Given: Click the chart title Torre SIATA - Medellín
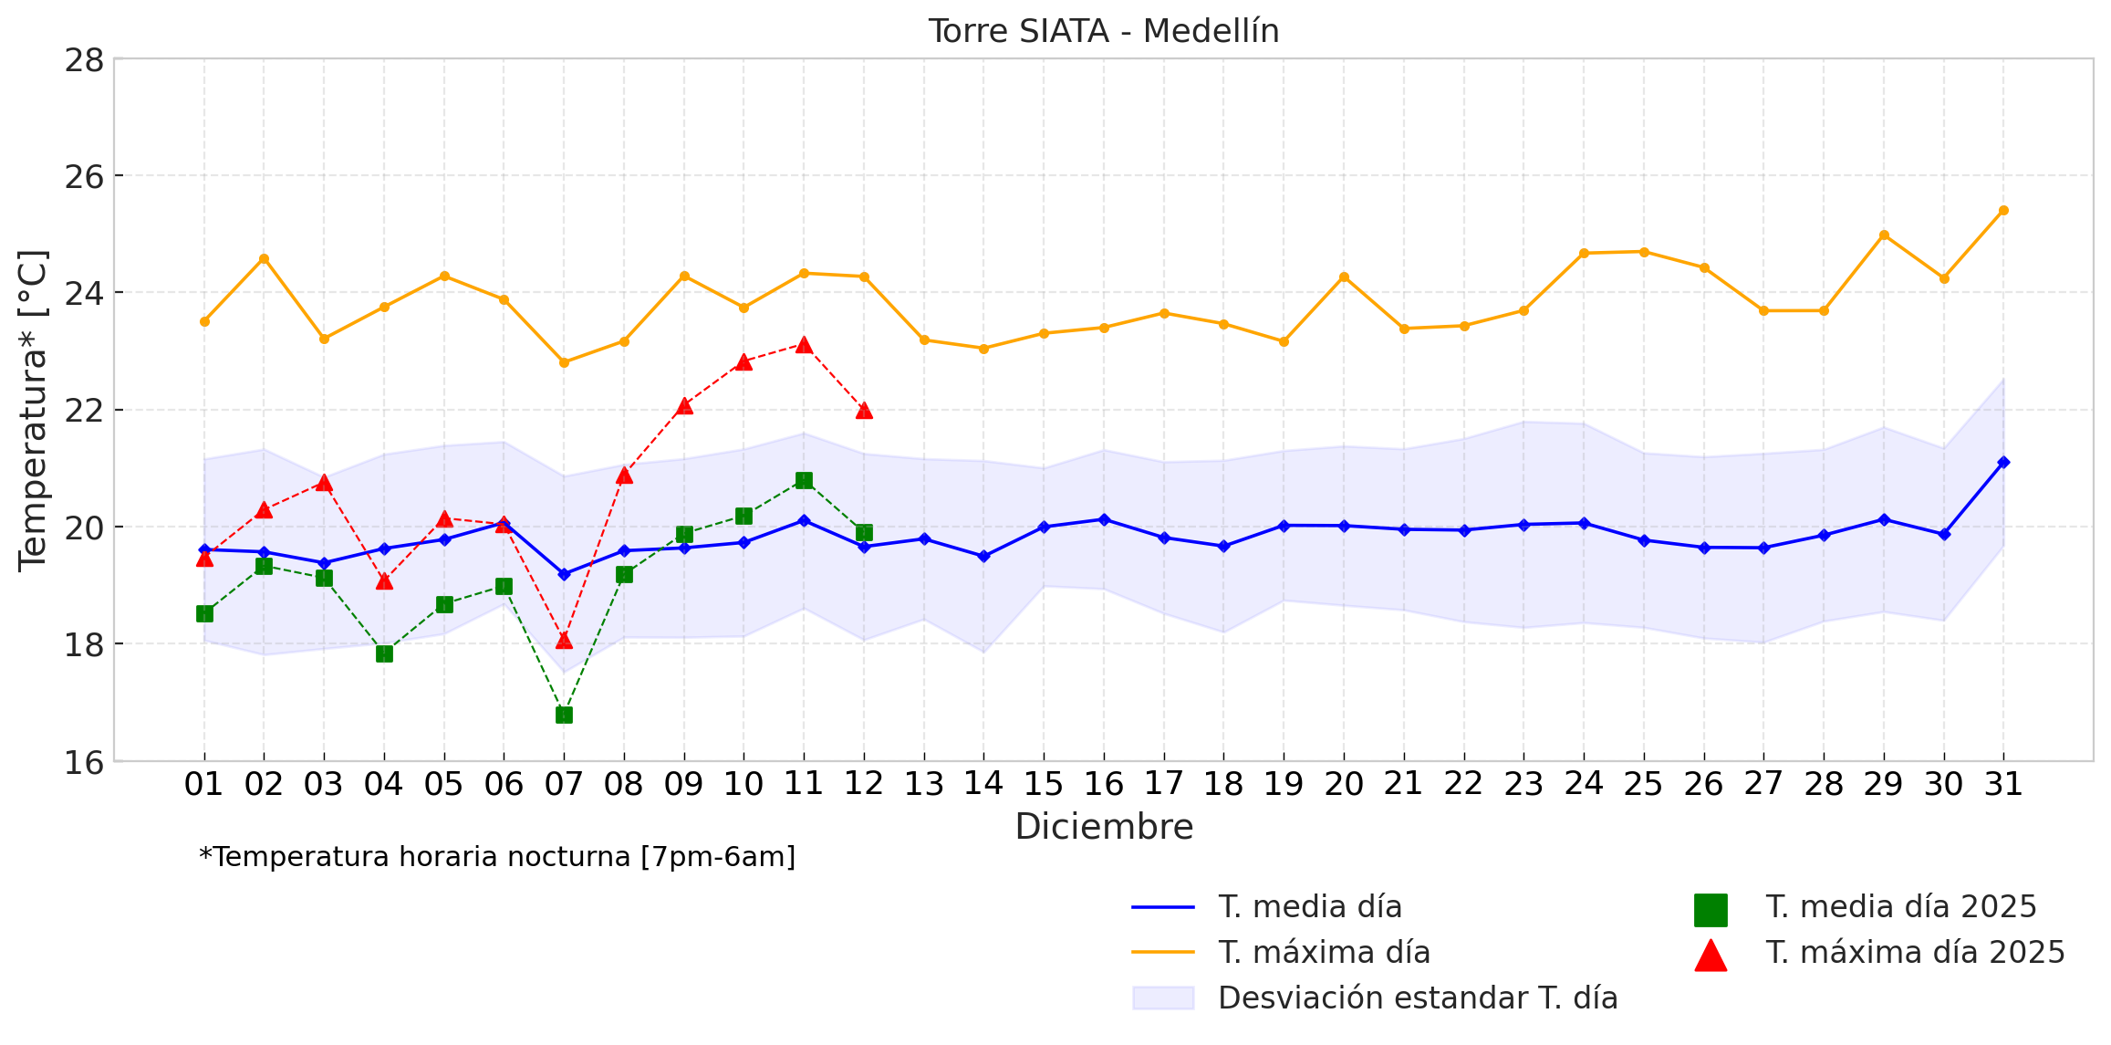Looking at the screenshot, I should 1104,32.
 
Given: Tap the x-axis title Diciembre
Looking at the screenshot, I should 1104,827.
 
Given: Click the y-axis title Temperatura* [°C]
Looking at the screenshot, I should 33,411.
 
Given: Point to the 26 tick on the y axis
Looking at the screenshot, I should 84,176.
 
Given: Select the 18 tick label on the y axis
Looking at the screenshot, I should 84,644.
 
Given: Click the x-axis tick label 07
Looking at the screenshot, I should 564,784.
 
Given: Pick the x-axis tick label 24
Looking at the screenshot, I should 1584,784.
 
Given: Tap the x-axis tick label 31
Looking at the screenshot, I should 2003,784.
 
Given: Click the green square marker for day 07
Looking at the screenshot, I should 564,715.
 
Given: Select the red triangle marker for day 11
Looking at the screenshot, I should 804,345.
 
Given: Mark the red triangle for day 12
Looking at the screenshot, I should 864,411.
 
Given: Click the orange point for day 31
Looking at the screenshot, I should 2003,211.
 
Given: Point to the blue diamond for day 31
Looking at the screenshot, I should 2003,463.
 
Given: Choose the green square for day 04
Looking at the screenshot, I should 384,653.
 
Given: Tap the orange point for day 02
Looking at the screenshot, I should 264,259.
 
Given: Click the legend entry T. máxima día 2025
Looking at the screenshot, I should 1915,953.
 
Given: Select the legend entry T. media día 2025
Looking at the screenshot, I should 1900,907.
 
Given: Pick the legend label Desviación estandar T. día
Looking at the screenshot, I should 1418,998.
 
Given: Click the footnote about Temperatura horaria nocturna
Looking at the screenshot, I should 497,858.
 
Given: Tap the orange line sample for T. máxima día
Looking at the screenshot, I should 1163,953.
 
